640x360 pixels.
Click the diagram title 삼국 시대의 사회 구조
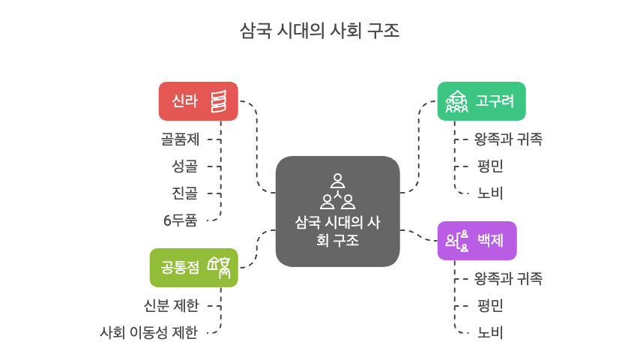pyautogui.click(x=319, y=31)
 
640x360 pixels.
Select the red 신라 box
pyautogui.click(x=198, y=100)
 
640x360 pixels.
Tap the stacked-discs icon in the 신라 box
pyautogui.click(x=219, y=100)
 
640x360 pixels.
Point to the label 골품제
pyautogui.click(x=179, y=139)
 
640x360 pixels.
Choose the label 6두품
pyautogui.click(x=180, y=220)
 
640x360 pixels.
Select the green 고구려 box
pyautogui.click(x=481, y=100)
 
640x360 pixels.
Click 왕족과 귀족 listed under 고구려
pyautogui.click(x=508, y=139)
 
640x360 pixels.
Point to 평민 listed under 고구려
pyautogui.click(x=490, y=166)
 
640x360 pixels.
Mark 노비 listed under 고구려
pyautogui.click(x=490, y=193)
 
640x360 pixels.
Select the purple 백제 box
pyautogui.click(x=477, y=241)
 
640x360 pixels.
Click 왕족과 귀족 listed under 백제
pyautogui.click(x=508, y=278)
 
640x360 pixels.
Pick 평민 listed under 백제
pyautogui.click(x=490, y=305)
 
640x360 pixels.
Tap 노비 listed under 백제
pyautogui.click(x=490, y=333)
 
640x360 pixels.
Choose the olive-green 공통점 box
pyautogui.click(x=193, y=267)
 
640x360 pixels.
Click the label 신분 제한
pyautogui.click(x=171, y=305)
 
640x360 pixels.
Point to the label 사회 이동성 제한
pyautogui.click(x=149, y=333)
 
